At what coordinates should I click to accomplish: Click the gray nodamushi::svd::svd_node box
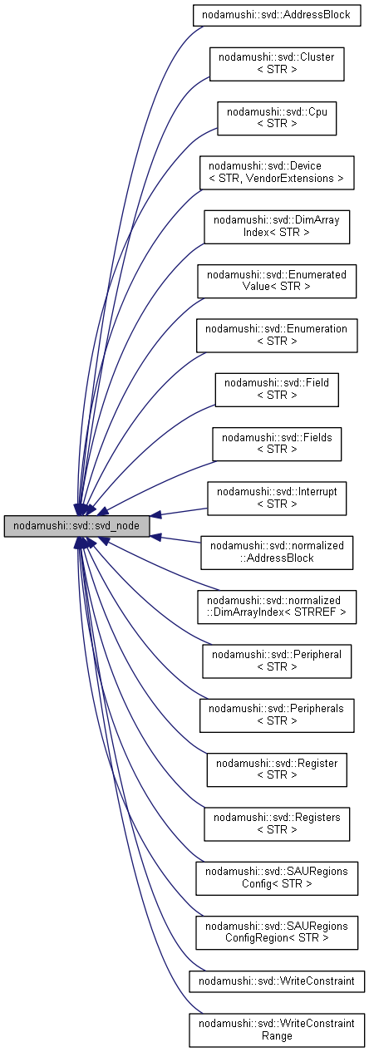[x=77, y=526]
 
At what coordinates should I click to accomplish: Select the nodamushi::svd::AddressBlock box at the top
[x=276, y=15]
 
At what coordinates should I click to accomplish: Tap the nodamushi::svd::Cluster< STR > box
[x=277, y=63]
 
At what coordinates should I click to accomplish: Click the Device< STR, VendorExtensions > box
[x=277, y=172]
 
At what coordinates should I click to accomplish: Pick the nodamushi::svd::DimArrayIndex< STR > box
[x=277, y=226]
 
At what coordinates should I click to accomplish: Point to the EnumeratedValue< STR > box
[x=277, y=280]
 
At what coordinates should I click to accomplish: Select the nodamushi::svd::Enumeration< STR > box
[x=277, y=335]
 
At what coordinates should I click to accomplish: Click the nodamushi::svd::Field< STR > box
[x=277, y=389]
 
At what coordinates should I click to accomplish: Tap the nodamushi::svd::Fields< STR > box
[x=277, y=444]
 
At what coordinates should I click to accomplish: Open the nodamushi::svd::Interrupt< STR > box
[x=277, y=498]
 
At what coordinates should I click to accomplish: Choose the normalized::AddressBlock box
[x=277, y=552]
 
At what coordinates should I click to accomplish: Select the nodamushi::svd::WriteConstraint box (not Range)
[x=277, y=981]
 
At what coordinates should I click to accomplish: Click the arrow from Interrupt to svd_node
[x=179, y=513]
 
